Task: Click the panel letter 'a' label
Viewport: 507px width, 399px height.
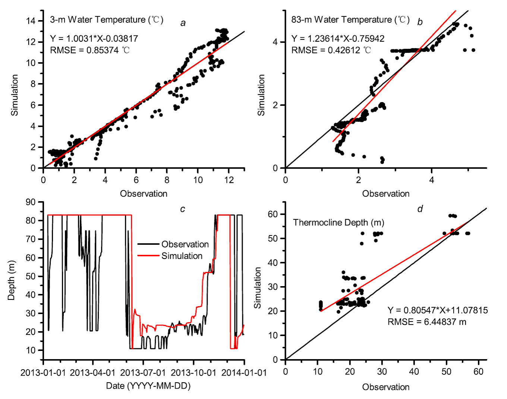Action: pyautogui.click(x=183, y=23)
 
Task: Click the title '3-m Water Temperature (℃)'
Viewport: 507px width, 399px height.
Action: pyautogui.click(x=107, y=19)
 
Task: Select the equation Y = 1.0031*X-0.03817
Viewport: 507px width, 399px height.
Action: pyautogui.click(x=94, y=38)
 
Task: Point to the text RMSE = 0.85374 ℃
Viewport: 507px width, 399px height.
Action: pyautogui.click(x=90, y=50)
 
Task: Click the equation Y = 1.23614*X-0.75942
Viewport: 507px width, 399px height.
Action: pyautogui.click(x=338, y=38)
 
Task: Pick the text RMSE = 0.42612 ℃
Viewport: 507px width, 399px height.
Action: pyautogui.click(x=331, y=50)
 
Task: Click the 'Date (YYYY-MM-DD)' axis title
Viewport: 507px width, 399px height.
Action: pyautogui.click(x=148, y=386)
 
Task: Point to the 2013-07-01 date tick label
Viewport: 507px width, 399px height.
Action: pyautogui.click(x=143, y=373)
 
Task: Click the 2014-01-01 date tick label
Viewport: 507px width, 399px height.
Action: pyautogui.click(x=244, y=373)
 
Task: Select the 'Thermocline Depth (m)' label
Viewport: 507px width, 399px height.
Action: pyautogui.click(x=338, y=222)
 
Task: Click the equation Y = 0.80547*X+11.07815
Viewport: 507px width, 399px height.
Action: pyautogui.click(x=437, y=310)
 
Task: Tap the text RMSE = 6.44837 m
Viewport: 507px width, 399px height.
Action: pyautogui.click(x=427, y=322)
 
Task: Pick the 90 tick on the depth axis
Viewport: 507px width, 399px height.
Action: pyautogui.click(x=31, y=202)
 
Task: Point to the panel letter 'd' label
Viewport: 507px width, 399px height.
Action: pyautogui.click(x=420, y=209)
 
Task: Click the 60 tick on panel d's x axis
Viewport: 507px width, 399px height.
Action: pyautogui.click(x=478, y=371)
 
